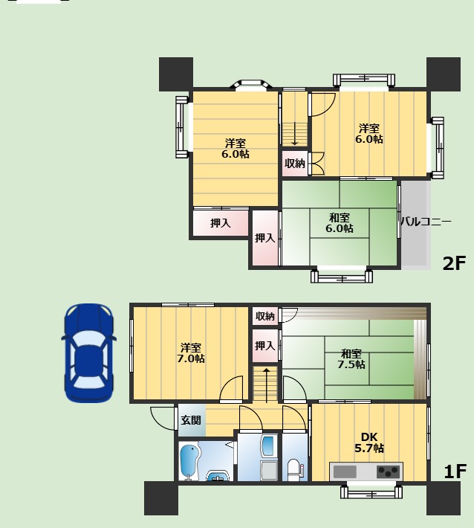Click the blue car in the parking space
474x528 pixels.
pyautogui.click(x=89, y=353)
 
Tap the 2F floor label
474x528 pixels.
pyautogui.click(x=454, y=263)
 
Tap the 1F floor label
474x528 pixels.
pyautogui.click(x=455, y=471)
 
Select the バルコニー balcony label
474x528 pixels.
pyautogui.click(x=426, y=222)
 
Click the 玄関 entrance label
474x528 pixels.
pyautogui.click(x=191, y=420)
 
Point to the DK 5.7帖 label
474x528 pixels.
pyautogui.click(x=369, y=442)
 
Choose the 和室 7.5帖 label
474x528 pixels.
pyautogui.click(x=351, y=359)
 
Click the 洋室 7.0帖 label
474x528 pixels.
pyautogui.click(x=191, y=352)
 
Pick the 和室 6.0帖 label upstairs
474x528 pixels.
pyautogui.click(x=339, y=223)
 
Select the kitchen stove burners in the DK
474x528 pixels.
pyautogui.click(x=389, y=471)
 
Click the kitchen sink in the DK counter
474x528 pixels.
pyautogui.click(x=345, y=471)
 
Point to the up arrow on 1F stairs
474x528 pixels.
pyautogui.click(x=267, y=385)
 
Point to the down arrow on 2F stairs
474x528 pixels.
pyautogui.click(x=295, y=134)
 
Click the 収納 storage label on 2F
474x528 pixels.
pyautogui.click(x=295, y=164)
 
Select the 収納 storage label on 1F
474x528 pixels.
pyautogui.click(x=265, y=316)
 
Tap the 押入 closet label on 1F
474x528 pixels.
pyautogui.click(x=265, y=346)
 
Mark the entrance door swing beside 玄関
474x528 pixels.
pyautogui.click(x=163, y=419)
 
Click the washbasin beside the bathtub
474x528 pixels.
pyautogui.click(x=218, y=475)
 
